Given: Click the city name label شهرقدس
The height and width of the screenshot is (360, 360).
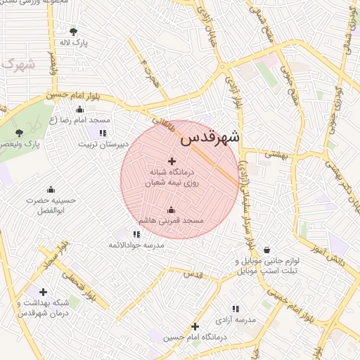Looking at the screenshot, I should point(210,137).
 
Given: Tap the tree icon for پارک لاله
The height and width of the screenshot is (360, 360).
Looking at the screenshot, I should point(74,31).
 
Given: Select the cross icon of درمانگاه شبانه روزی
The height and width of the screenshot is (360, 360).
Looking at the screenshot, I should point(172,161).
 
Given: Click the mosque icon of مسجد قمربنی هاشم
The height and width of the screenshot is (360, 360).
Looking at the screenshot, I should point(171,210).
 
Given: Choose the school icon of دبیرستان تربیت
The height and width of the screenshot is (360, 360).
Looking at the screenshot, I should point(103,133).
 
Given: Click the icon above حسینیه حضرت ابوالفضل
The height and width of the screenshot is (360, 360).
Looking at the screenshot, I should point(51,189).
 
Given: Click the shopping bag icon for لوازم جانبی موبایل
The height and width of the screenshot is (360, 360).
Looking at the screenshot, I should point(266,250).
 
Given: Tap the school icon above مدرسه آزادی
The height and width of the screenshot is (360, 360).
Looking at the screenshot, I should point(236,309).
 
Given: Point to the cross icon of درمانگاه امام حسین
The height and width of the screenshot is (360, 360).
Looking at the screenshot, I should point(195,326).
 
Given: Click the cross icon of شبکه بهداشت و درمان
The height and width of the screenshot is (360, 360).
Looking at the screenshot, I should point(44,292).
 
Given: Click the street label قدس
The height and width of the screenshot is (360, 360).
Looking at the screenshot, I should point(193,274).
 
